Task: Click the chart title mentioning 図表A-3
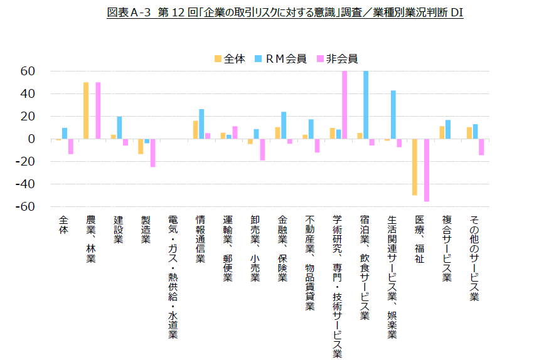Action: point(285,13)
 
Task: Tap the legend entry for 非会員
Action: point(338,59)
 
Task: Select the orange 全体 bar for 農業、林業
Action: point(86,110)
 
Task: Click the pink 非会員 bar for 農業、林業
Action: point(98,110)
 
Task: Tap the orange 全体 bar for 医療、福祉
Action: point(415,167)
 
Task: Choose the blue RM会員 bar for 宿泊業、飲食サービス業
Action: point(366,105)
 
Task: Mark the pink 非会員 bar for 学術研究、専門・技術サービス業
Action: point(344,105)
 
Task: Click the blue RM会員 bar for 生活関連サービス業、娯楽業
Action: point(393,115)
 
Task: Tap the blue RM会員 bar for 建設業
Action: point(119,128)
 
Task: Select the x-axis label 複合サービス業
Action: point(447,248)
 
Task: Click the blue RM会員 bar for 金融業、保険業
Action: point(284,125)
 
